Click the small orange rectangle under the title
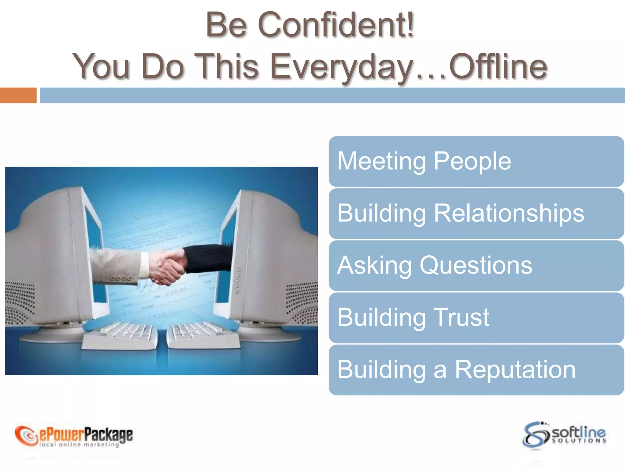click(x=18, y=95)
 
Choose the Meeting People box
click(x=476, y=161)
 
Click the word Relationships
click(x=509, y=213)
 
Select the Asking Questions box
click(x=476, y=266)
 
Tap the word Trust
click(x=461, y=318)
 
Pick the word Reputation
click(x=515, y=370)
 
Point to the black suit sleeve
click(x=208, y=258)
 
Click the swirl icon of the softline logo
click(x=536, y=434)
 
